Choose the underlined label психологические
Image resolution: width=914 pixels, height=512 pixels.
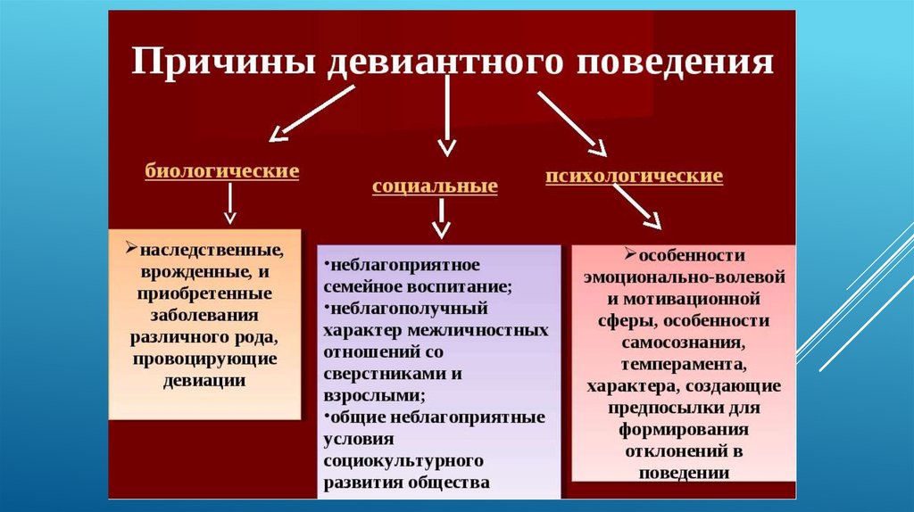(634, 176)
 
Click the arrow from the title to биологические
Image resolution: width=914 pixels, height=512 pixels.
(312, 113)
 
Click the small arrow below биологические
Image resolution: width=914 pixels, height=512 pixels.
(230, 204)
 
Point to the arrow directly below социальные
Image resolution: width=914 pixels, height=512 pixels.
(441, 219)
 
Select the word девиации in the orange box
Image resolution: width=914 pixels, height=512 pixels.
(204, 380)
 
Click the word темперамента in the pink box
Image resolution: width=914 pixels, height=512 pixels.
(685, 364)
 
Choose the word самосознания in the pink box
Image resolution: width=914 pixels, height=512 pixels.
(685, 342)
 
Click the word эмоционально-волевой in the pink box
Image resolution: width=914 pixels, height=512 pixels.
(685, 275)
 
